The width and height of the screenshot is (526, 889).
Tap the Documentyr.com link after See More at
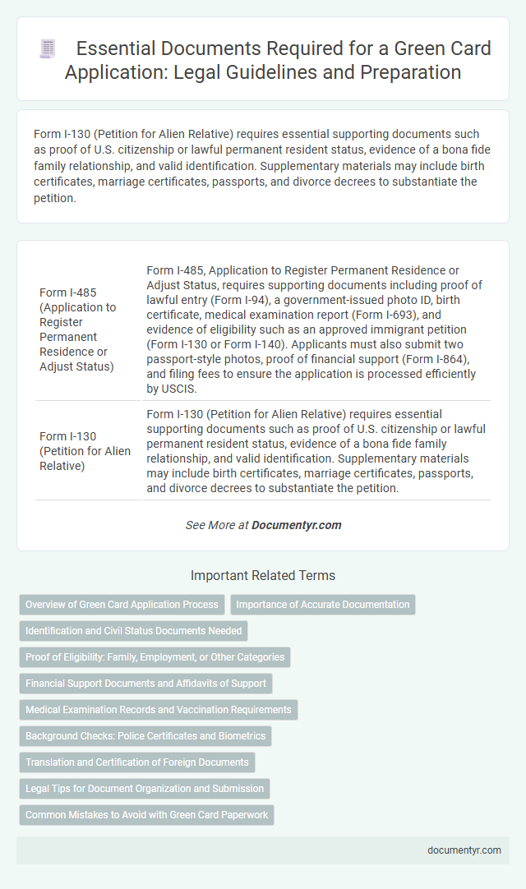(296, 525)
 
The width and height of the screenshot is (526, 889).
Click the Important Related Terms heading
(262, 575)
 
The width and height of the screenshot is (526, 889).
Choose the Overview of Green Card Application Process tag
(122, 605)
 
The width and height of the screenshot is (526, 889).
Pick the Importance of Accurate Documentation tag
(322, 605)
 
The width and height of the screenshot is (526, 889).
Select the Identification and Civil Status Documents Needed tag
(133, 631)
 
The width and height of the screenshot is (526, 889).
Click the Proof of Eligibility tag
(155, 657)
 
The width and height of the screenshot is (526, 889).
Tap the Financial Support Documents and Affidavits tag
(145, 684)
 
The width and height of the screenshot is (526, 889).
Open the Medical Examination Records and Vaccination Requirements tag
(158, 710)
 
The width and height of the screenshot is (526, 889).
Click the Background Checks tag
(145, 736)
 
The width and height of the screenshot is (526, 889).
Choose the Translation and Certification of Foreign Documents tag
(136, 762)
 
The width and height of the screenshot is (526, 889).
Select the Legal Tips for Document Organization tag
(144, 789)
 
